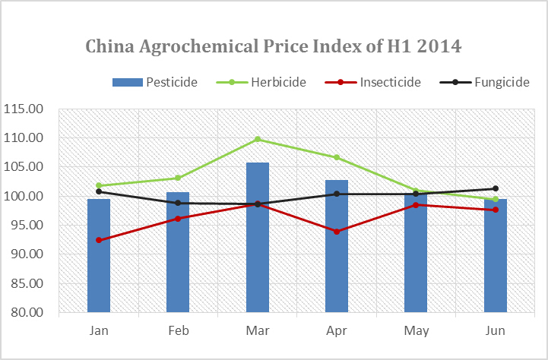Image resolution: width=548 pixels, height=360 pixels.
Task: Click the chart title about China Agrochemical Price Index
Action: [274, 47]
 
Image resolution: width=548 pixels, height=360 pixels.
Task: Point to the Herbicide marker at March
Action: [258, 139]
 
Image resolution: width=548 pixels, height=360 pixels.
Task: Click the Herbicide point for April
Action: [337, 157]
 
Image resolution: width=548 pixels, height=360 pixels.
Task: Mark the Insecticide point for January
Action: [99, 240]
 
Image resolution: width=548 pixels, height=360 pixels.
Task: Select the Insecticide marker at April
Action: [337, 231]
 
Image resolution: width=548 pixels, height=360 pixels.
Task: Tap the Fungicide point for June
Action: [496, 188]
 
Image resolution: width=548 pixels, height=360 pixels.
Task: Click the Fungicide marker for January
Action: [99, 191]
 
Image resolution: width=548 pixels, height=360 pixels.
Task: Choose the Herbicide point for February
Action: [178, 178]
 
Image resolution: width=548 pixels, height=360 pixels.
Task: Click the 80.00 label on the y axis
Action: [26, 312]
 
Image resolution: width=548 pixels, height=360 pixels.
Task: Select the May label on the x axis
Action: [417, 330]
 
